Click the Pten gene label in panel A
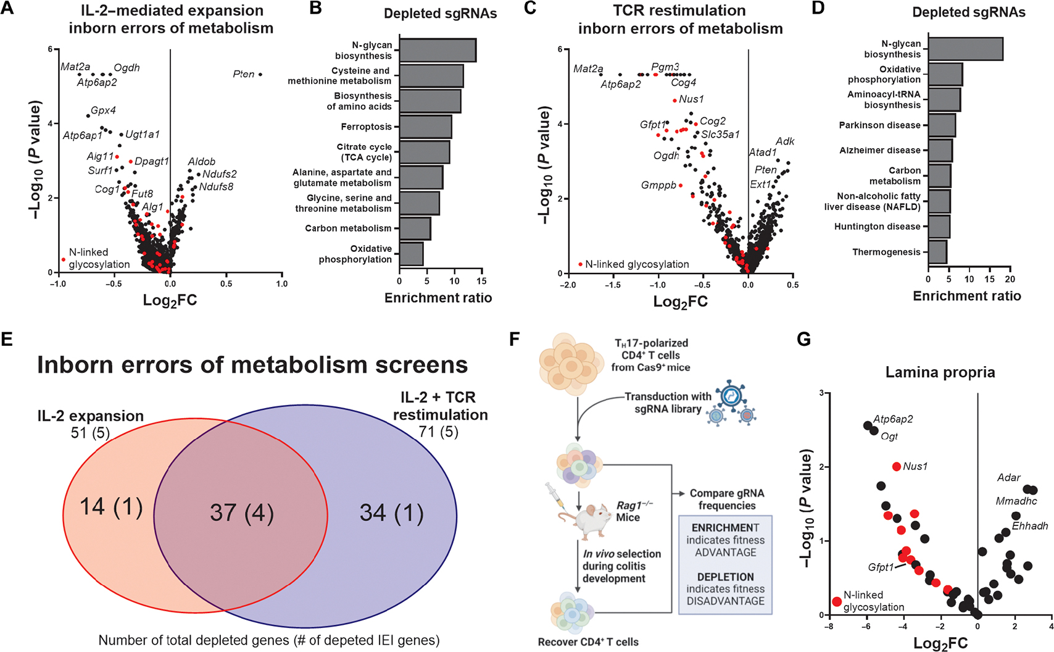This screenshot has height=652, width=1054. [x=243, y=74]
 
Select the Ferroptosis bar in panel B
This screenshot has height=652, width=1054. [x=425, y=127]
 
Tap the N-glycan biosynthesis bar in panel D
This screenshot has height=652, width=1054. [x=965, y=49]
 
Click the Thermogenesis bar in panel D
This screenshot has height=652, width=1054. [x=937, y=252]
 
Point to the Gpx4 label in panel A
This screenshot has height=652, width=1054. [x=103, y=111]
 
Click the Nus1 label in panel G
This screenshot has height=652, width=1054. [x=915, y=466]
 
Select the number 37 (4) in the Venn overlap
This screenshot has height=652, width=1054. [x=241, y=512]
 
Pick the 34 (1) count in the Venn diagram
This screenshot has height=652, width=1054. [x=391, y=512]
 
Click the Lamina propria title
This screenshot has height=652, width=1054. [x=940, y=372]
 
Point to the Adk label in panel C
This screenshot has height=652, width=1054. [x=785, y=141]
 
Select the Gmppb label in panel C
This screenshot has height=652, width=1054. [x=658, y=185]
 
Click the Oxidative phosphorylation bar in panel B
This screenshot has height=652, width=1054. [x=411, y=254]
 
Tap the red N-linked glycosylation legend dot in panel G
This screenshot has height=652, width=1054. [x=837, y=601]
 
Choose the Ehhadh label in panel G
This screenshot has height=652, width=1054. [x=1030, y=526]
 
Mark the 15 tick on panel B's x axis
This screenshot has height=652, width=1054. [x=482, y=281]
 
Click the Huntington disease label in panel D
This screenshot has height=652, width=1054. [x=877, y=227]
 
